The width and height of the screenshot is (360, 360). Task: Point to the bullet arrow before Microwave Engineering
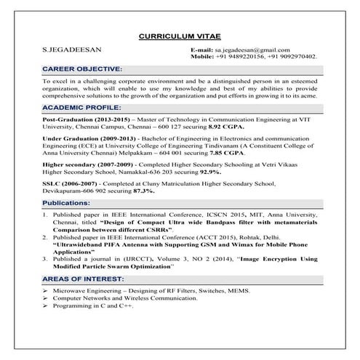(45, 291)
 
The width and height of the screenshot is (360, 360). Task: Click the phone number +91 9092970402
(293, 56)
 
